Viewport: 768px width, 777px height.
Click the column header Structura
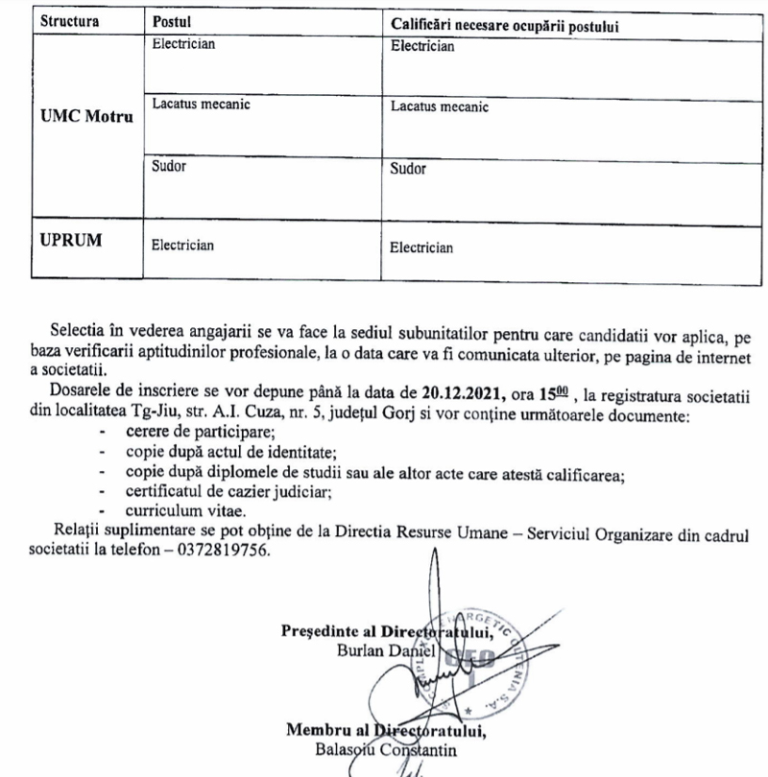tap(70, 21)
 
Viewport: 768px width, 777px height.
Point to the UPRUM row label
tap(71, 240)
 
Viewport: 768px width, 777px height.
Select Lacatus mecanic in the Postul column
tap(201, 105)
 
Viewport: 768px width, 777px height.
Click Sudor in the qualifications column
tap(408, 170)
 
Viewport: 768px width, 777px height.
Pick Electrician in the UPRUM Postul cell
tap(183, 246)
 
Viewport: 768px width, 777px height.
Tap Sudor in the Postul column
tap(169, 166)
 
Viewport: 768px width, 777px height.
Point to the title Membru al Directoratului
tap(385, 730)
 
